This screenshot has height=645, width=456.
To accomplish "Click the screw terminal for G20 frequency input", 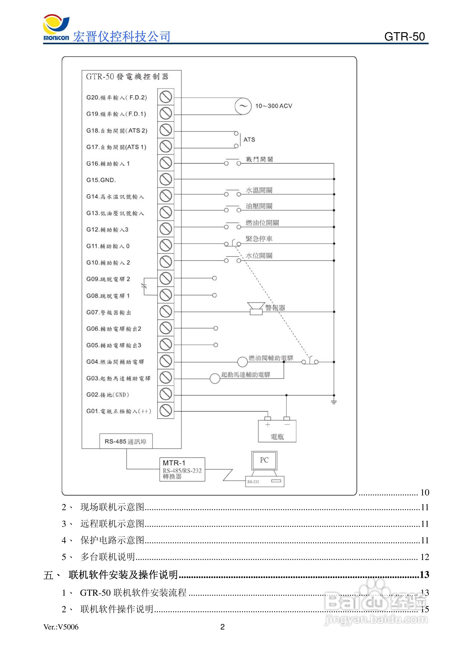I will (165, 97).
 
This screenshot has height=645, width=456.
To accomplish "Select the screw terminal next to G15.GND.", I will (165, 179).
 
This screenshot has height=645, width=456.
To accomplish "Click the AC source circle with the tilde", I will (243, 106).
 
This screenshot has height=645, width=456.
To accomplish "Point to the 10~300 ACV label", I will (273, 106).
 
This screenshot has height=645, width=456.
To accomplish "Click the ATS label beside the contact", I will (249, 140).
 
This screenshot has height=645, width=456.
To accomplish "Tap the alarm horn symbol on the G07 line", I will (256, 309).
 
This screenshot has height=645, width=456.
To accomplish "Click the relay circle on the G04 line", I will (242, 362).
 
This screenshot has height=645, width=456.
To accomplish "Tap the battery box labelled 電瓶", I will (277, 431).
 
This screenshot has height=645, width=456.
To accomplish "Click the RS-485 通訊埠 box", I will (126, 441).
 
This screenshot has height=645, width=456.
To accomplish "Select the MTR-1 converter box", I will (182, 469).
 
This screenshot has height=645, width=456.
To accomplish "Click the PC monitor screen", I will (264, 460).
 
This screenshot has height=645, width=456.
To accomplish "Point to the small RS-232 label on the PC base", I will (253, 481).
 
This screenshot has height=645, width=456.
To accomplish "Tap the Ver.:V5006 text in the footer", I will (61, 627).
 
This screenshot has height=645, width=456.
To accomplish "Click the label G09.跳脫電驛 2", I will (108, 279).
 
